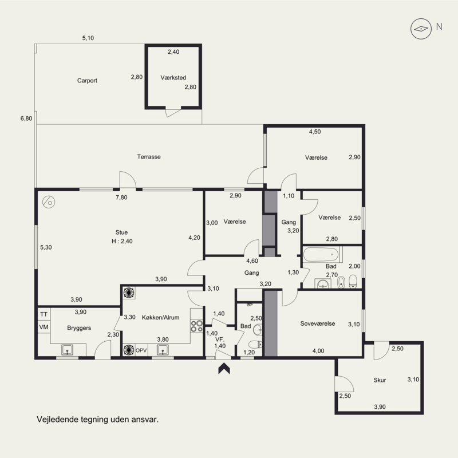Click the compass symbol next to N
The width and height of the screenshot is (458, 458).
421,29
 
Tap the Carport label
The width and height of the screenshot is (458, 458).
87,81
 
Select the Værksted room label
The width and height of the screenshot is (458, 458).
173,78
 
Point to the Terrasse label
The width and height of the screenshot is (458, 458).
149,157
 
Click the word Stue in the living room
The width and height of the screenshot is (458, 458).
121,232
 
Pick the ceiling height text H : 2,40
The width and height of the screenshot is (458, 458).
122,241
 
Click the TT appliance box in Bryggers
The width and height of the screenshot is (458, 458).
44,314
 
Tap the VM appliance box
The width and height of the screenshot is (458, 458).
44,327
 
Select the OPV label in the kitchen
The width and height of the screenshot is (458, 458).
141,350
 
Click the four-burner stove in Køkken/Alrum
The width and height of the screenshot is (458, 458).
196,326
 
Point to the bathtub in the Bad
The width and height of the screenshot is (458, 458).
321,254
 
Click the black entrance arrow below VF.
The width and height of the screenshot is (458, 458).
224,368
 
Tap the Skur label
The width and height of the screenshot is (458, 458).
380,380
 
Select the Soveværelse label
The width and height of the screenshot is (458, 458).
318,323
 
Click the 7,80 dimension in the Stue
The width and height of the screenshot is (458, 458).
121,198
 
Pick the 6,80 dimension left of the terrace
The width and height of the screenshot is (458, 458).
26,119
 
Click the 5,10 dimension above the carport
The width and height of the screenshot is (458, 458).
88,38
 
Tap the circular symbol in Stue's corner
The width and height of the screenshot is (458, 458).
49,202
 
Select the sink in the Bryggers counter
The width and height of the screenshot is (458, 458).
67,350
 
